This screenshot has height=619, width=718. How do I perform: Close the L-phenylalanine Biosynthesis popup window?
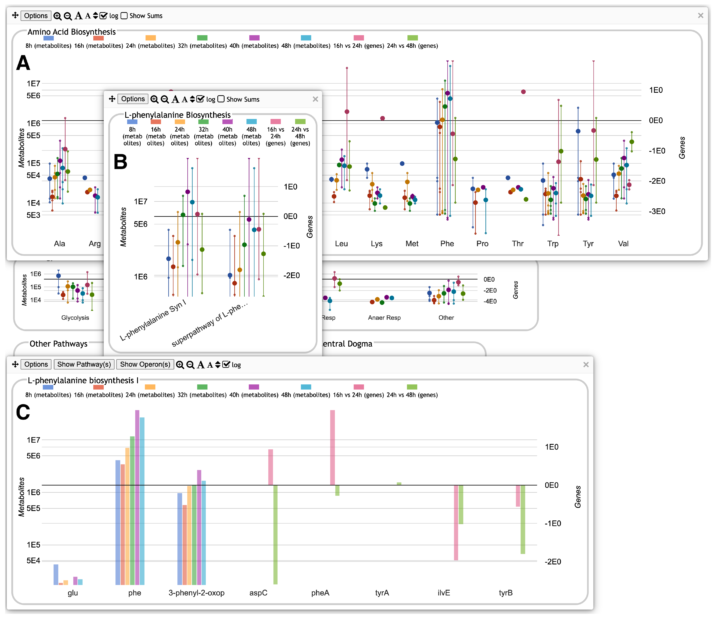click(315, 99)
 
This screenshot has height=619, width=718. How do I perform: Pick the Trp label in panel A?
click(553, 244)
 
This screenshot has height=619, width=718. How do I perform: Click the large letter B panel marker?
click(120, 162)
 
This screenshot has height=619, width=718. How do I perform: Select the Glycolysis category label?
click(75, 318)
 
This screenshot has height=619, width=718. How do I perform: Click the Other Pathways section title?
click(59, 344)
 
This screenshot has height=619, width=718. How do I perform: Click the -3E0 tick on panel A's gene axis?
click(657, 211)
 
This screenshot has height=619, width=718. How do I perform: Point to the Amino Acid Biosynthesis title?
click(72, 32)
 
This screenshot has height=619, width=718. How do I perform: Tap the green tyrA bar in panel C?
click(399, 484)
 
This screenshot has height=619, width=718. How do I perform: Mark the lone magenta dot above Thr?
click(523, 92)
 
